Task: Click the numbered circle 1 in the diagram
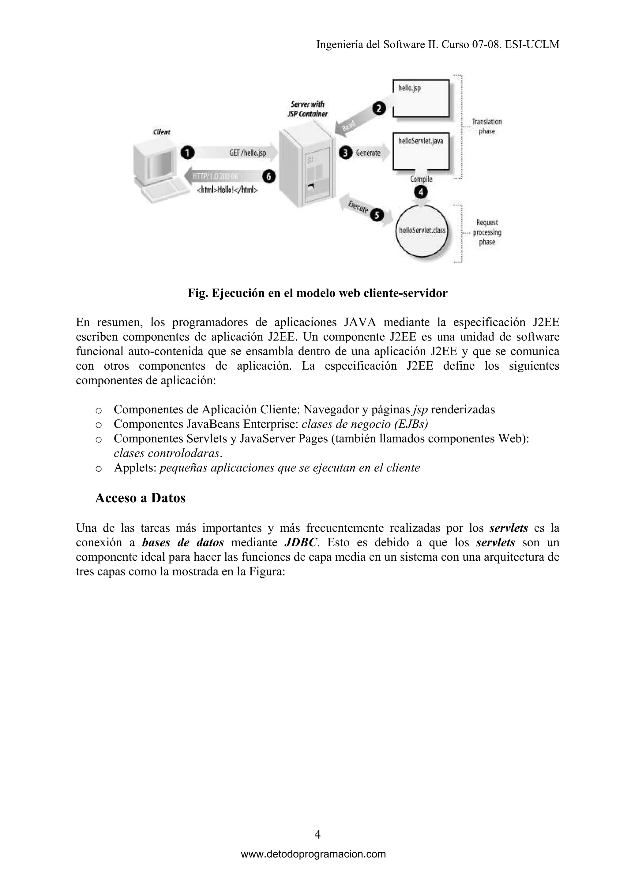[187, 153]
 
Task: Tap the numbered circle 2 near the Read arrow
[379, 109]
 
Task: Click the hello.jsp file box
[421, 98]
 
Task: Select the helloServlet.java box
[421, 151]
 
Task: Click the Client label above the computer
[161, 132]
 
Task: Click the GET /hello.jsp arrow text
[248, 153]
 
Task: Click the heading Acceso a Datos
[140, 498]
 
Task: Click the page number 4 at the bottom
[317, 835]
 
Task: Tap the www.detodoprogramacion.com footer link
[313, 854]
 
